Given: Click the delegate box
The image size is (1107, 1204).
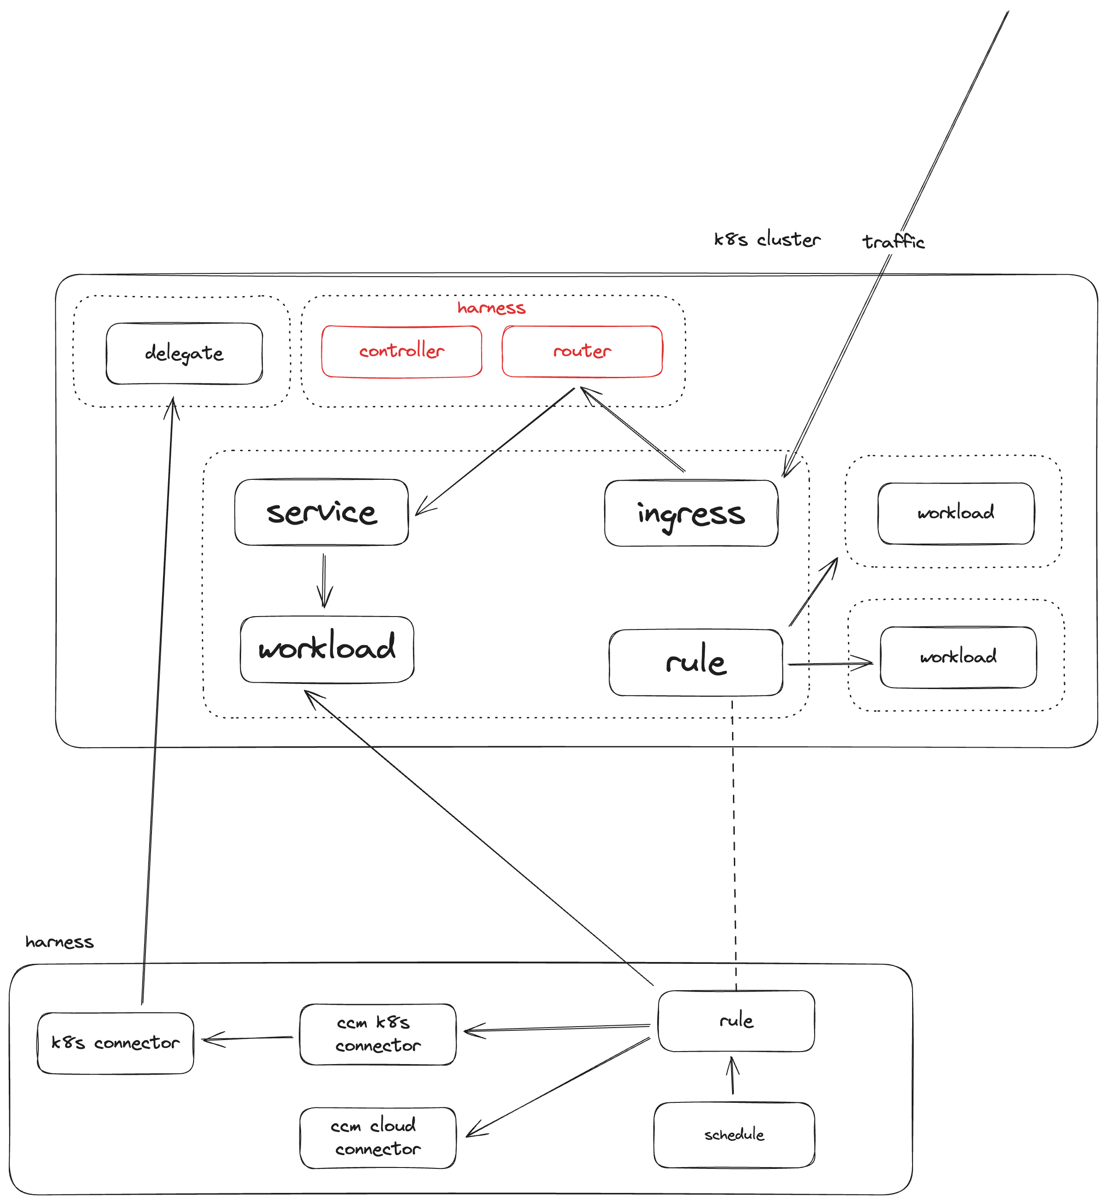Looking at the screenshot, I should click(184, 353).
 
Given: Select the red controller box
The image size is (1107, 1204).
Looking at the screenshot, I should click(401, 351).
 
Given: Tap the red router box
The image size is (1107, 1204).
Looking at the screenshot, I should click(581, 351).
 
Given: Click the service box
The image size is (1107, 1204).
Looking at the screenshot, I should click(322, 513).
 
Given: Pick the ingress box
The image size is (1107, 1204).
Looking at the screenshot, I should click(691, 514).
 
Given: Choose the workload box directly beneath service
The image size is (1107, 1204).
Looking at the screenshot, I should click(327, 649).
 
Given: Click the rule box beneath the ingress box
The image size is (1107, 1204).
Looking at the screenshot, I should click(696, 662).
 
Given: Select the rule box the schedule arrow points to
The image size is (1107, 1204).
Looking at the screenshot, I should click(736, 1021).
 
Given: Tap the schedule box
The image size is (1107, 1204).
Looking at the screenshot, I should click(734, 1135).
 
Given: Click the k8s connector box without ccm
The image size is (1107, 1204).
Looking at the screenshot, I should click(115, 1043).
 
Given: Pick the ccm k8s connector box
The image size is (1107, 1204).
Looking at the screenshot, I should click(377, 1035).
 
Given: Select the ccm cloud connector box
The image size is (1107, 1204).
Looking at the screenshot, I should click(377, 1137).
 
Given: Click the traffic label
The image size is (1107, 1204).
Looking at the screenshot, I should click(893, 242).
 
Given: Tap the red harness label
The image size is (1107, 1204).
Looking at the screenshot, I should click(491, 308).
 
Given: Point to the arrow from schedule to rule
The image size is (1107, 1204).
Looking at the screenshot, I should click(732, 1077).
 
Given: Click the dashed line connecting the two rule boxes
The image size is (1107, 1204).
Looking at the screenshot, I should click(734, 839).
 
